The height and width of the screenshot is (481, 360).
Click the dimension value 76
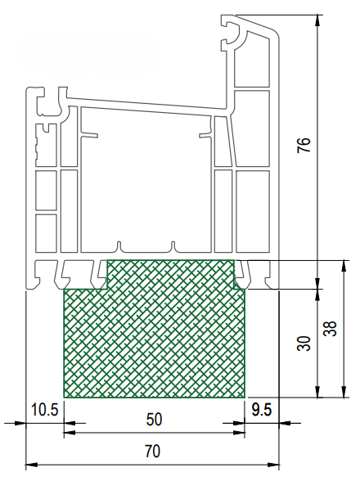[304, 145]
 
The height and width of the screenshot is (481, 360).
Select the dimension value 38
[331, 329]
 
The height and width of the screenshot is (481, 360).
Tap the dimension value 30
[304, 344]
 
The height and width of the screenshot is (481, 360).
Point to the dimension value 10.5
[45, 410]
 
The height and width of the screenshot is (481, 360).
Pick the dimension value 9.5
[262, 410]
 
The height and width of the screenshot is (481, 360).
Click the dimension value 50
[154, 420]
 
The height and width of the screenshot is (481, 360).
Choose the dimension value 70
[152, 452]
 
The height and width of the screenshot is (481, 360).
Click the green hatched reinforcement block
[154, 336]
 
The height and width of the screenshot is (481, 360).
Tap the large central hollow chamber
[146, 181]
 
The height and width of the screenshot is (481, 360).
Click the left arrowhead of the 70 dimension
[31, 465]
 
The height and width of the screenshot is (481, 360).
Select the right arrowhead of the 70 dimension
[273, 465]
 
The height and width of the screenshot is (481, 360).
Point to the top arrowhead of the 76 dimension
[318, 20]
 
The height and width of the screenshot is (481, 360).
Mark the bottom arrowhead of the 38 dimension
[344, 392]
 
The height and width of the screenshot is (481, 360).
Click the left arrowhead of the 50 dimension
[70, 433]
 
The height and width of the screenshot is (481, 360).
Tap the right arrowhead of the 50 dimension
[239, 433]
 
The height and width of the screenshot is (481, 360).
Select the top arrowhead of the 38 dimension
[344, 267]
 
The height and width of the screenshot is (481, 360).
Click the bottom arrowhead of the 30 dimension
[318, 392]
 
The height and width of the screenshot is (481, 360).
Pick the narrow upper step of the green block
[171, 274]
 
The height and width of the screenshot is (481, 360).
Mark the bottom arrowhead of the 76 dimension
[318, 283]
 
